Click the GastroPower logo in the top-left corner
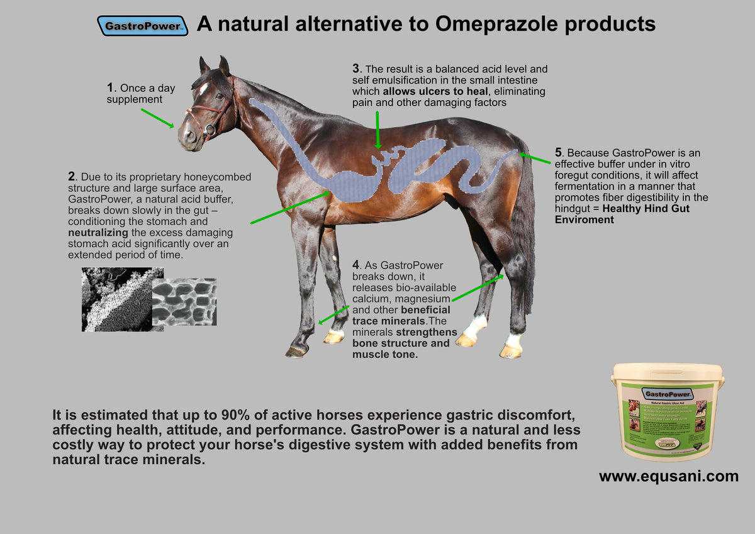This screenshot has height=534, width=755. (142, 26)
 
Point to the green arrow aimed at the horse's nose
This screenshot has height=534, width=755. (157, 118)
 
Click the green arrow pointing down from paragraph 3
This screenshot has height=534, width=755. (377, 130)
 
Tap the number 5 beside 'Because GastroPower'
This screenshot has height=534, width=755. (557, 153)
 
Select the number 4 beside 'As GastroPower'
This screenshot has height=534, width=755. (355, 265)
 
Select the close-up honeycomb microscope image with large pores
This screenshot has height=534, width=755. (184, 301)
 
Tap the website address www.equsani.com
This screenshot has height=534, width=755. (668, 476)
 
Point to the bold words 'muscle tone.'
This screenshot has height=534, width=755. (385, 354)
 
